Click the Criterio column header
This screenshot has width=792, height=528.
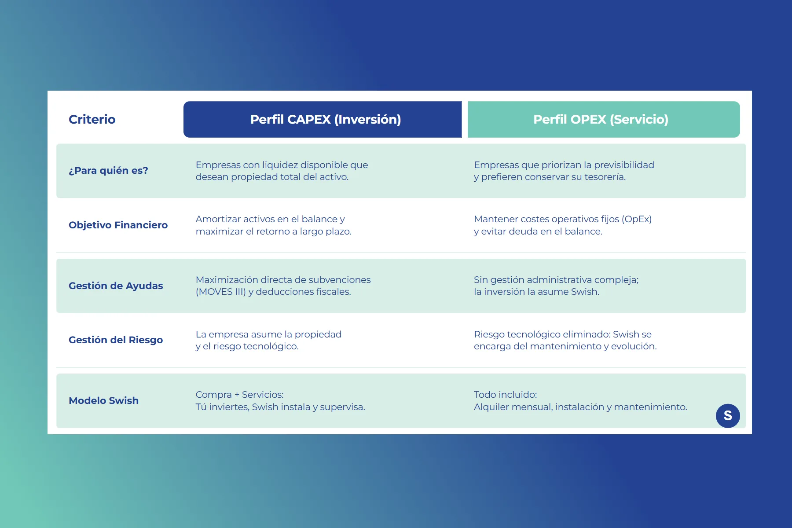[92, 119]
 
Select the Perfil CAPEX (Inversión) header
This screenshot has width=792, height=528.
[326, 119]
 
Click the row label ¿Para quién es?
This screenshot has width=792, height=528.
[108, 170]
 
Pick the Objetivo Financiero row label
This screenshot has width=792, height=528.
[118, 225]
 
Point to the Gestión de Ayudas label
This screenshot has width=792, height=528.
[116, 286]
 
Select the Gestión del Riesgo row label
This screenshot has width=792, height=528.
[116, 340]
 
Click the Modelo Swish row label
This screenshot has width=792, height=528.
[103, 400]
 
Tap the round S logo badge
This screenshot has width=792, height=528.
[728, 416]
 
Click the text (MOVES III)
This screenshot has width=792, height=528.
[221, 292]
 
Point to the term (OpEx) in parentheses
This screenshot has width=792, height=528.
[637, 219]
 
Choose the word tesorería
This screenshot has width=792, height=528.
[605, 177]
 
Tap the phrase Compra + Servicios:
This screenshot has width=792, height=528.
[240, 395]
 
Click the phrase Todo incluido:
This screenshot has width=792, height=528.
[506, 395]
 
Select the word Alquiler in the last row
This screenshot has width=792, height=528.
[491, 407]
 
